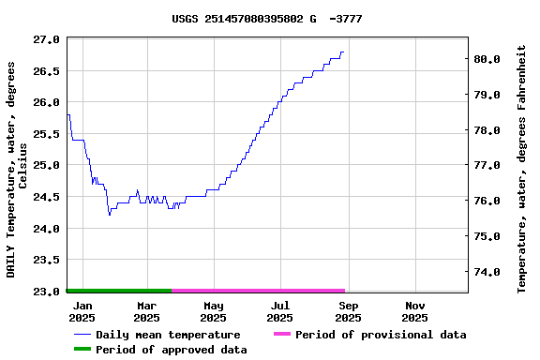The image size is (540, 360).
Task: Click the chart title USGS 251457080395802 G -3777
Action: tap(267, 19)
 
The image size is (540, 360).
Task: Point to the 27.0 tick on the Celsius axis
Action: tap(46, 39)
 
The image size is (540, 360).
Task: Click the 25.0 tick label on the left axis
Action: tap(46, 165)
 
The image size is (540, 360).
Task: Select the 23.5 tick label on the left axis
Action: tap(46, 260)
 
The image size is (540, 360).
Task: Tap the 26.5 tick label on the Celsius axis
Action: tap(46, 71)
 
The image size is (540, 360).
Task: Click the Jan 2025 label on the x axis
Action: tap(82, 311)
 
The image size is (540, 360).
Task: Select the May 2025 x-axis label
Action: tap(214, 311)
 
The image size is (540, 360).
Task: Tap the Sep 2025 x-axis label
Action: tap(348, 311)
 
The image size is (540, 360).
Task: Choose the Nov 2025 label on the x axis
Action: tap(415, 311)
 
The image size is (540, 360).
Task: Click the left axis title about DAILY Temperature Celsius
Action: tap(17, 170)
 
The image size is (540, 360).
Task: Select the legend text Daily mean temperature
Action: tap(168, 335)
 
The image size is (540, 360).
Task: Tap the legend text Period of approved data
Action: tap(172, 350)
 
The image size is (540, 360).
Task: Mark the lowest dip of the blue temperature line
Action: tap(110, 215)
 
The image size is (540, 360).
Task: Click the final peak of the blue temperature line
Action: tap(343, 52)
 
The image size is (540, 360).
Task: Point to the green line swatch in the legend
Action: tap(82, 350)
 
